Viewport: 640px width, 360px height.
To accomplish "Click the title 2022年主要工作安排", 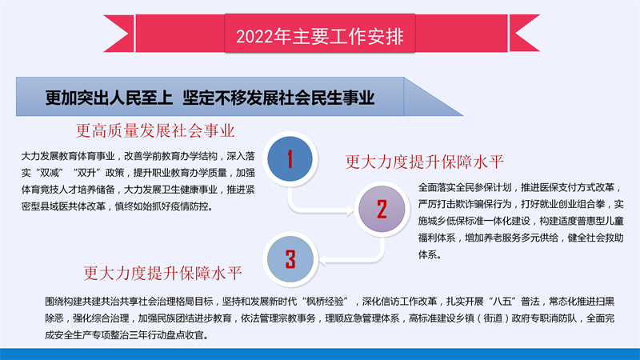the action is pos(319,36).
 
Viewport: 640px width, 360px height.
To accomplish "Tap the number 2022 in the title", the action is pos(254,37).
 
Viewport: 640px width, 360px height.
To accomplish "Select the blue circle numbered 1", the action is pos(290,158).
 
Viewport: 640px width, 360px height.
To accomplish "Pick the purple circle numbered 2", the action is pos(382,209).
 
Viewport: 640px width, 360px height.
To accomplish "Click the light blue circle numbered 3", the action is pos(290,258).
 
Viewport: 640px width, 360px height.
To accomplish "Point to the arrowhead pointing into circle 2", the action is pos(350,210).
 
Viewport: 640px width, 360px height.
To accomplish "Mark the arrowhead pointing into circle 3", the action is pos(322,260).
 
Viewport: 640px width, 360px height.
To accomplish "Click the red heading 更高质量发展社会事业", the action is pos(155,130).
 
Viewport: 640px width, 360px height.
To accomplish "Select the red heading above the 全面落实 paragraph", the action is pos(425,162).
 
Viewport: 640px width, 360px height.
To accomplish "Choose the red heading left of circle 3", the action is pos(162,273).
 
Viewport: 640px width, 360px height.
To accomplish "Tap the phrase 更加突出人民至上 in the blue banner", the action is pos(109,98).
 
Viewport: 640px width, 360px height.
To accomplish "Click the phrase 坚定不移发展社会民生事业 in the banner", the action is pos(278,98).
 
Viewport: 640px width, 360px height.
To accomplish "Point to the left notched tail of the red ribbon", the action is pos(118,34).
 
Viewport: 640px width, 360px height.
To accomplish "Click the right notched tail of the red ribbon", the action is pos(525,34).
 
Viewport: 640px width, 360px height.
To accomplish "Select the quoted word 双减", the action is pos(50,173).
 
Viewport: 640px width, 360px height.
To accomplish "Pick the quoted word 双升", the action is pos(86,173).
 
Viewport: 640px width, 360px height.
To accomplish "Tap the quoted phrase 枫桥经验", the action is pos(325,302).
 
